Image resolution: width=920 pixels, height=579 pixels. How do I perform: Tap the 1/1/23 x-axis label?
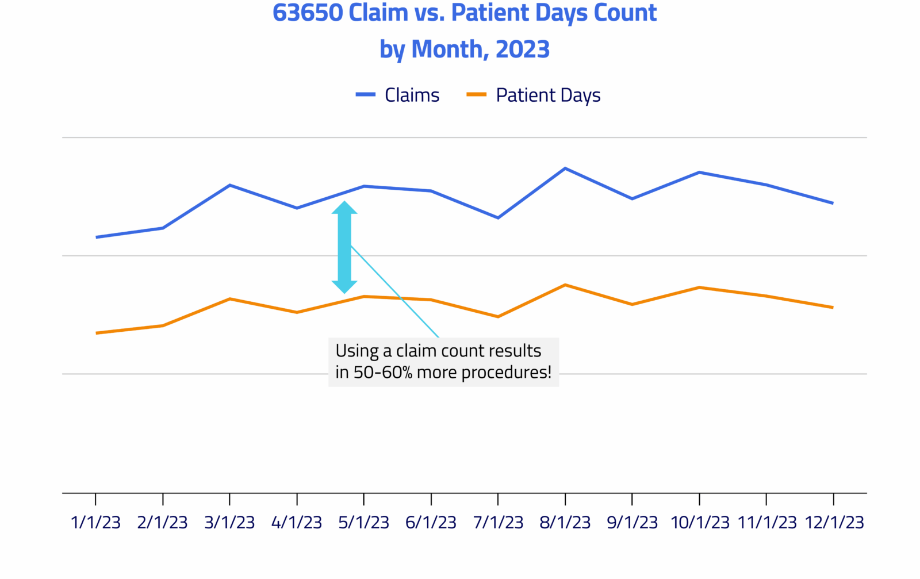[95, 522]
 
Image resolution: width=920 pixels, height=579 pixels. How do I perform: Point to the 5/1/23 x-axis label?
[363, 522]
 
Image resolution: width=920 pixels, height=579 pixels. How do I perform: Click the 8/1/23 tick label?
[565, 522]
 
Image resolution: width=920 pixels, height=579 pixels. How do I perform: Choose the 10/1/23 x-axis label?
[699, 522]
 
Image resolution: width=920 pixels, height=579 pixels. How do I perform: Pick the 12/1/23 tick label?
[834, 522]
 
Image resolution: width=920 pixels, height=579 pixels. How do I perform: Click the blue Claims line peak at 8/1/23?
[565, 168]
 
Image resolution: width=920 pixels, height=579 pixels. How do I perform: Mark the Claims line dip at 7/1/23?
[498, 218]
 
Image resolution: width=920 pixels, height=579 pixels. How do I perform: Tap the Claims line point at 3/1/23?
[230, 185]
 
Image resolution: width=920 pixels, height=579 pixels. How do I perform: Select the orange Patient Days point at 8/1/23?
[565, 285]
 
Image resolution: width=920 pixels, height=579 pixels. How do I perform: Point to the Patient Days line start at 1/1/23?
[97, 333]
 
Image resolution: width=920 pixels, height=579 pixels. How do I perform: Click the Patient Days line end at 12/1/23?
[833, 308]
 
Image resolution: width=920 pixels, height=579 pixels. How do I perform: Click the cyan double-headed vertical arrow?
[344, 247]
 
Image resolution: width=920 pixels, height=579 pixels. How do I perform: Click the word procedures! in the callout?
[506, 373]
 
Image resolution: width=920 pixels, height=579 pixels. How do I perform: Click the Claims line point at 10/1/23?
[699, 172]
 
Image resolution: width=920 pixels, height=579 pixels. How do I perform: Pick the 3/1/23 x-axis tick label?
[229, 522]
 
